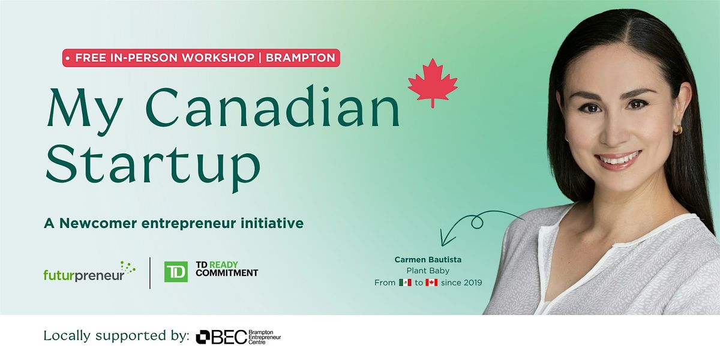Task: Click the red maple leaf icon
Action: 433,83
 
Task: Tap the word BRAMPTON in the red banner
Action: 301,58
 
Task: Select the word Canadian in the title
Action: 273,106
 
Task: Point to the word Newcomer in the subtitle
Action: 98,223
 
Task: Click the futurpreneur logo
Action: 89,272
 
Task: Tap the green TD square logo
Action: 176,272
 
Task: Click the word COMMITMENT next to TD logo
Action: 227,273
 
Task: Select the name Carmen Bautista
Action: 428,259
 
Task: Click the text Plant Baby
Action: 428,271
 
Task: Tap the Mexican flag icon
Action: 406,283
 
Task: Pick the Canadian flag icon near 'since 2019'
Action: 431,283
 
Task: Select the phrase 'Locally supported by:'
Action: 116,335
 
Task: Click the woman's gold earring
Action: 677,130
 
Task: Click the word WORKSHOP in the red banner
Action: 218,58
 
